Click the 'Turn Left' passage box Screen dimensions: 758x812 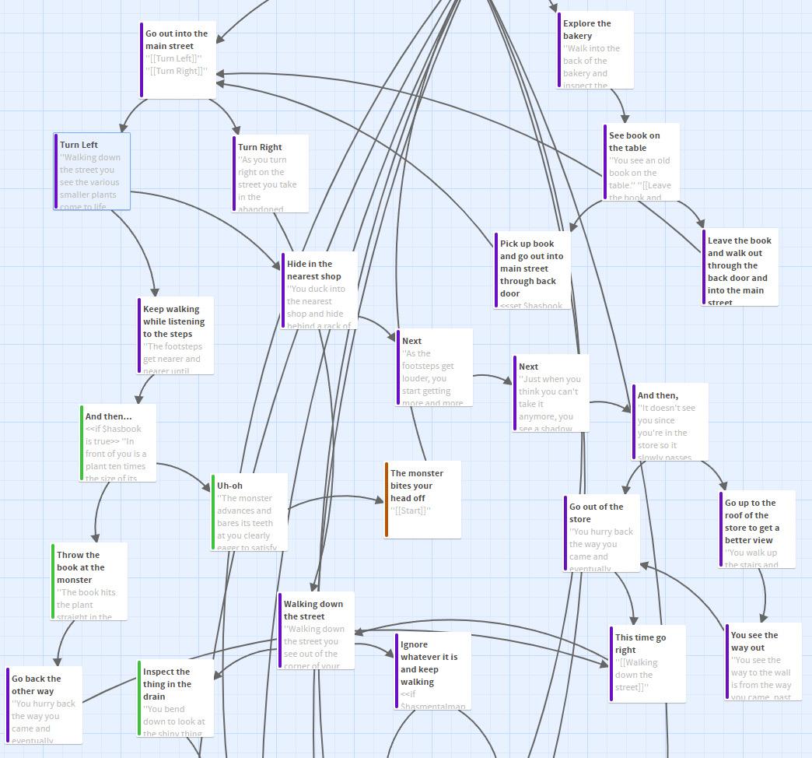click(x=93, y=171)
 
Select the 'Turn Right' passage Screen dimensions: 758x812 click(x=271, y=173)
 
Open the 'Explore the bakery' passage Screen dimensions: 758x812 click(x=596, y=49)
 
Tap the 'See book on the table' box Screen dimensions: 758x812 click(x=642, y=161)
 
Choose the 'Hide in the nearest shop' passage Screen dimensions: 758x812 click(x=319, y=290)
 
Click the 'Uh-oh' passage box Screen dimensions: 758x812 click(x=250, y=511)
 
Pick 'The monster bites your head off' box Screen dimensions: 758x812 click(x=423, y=499)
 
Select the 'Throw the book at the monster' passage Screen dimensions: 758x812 click(x=89, y=581)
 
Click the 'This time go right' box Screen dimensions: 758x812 click(x=648, y=663)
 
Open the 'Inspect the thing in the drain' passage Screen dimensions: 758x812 click(x=176, y=697)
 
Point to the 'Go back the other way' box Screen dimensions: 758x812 click(x=44, y=704)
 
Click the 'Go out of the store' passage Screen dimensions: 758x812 click(x=602, y=532)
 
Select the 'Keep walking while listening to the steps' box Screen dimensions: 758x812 click(x=175, y=335)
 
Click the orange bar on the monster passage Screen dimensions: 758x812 click(x=387, y=499)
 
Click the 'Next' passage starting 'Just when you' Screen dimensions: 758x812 click(x=551, y=392)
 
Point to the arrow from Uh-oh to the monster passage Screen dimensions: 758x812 click(x=334, y=499)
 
